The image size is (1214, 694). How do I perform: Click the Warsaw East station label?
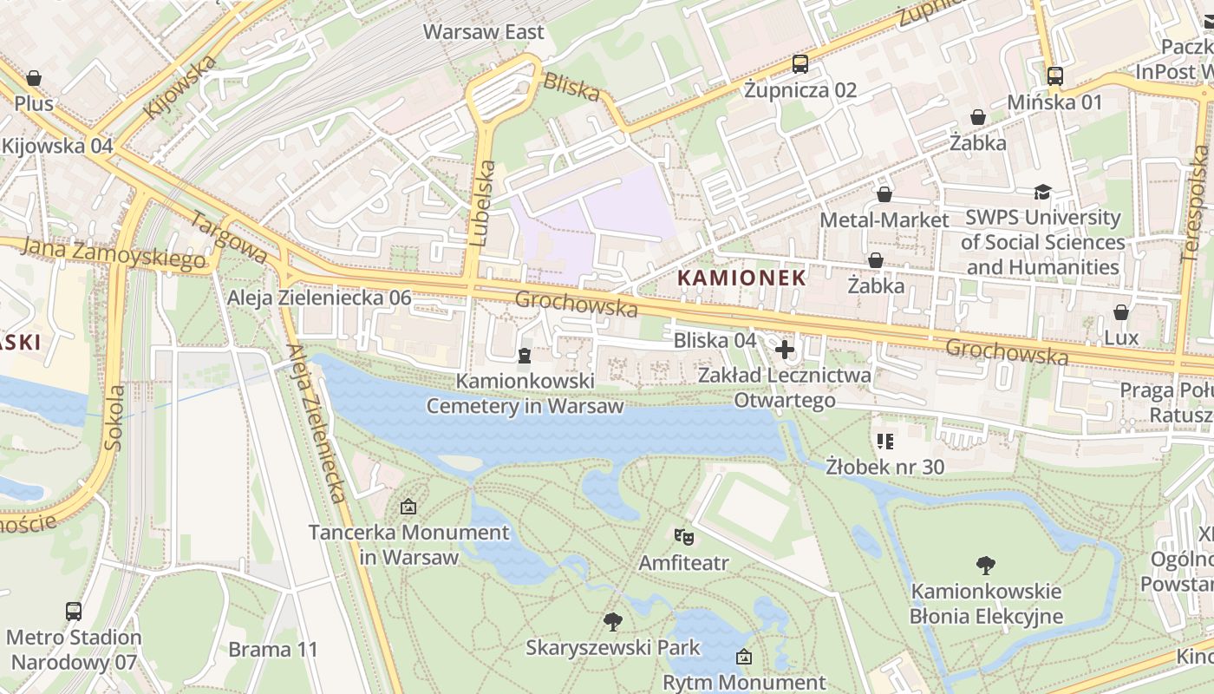483,32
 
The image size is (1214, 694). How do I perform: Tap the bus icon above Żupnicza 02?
800,64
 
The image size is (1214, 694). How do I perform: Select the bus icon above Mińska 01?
1054,76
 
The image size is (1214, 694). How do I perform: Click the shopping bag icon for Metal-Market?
884,194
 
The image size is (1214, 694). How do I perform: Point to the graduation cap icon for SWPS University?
1041,192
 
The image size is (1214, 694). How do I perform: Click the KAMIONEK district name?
741,278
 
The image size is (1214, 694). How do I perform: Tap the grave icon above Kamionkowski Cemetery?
524,356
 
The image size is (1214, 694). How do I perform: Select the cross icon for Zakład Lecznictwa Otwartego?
785,350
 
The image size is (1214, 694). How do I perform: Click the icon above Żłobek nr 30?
884,442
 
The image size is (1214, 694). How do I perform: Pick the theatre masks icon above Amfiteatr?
683,537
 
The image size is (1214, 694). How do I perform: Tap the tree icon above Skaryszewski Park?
612,621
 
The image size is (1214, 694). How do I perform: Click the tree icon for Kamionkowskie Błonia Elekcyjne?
985,566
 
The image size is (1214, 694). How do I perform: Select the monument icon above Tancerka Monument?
408,507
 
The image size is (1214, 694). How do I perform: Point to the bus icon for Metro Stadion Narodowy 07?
74,611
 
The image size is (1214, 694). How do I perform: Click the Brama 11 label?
273,649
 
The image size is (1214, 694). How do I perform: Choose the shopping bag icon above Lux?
1120,312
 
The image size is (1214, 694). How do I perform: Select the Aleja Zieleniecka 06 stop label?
319,298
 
